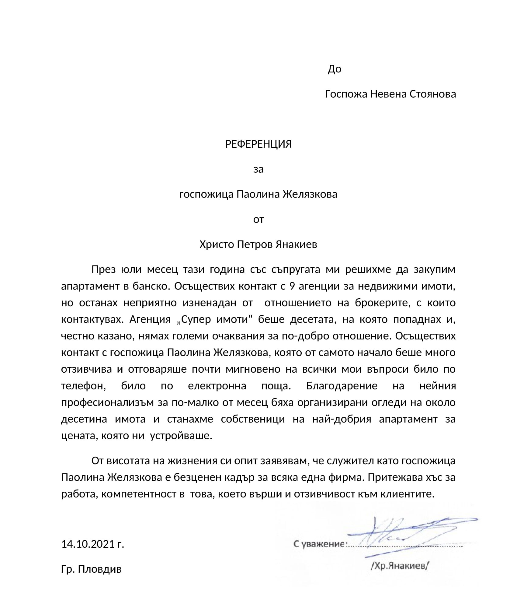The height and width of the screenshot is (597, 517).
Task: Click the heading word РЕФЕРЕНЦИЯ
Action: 258,144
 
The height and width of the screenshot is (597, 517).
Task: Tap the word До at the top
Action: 334,69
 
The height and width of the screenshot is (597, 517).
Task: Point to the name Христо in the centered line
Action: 217,244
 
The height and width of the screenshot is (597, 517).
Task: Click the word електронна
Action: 217,386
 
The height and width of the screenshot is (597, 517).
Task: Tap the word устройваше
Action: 181,436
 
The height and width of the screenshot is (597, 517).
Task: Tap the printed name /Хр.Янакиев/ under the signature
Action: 400,566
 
